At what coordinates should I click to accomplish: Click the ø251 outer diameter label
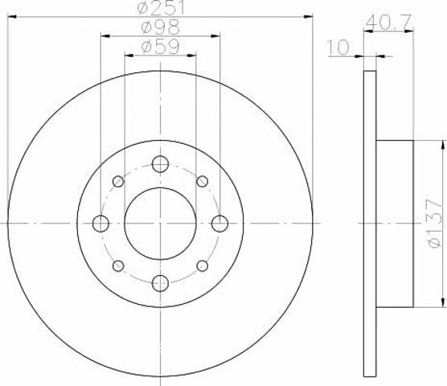click(161, 8)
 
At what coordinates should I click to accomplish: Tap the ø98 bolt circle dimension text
click(161, 27)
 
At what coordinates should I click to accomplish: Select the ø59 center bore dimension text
click(161, 46)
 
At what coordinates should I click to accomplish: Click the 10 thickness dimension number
click(338, 47)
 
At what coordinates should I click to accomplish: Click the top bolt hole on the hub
click(160, 164)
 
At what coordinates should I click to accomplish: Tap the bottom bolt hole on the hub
click(160, 283)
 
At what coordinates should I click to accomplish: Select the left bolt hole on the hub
click(100, 224)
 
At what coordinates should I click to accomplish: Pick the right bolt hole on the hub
click(219, 224)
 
